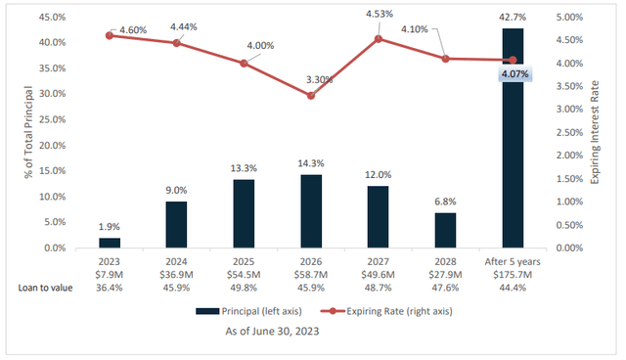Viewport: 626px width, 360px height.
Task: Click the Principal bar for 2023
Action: [110, 243]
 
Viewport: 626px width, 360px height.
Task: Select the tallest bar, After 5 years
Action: [513, 138]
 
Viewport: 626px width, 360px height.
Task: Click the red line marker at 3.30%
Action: [311, 96]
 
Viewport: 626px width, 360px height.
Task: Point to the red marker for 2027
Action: [378, 39]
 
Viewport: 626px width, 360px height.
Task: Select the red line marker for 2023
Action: [110, 35]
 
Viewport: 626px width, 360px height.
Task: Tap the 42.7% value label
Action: [513, 19]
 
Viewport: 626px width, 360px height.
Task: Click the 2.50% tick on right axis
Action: [573, 133]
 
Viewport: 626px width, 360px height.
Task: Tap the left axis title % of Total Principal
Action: [14, 132]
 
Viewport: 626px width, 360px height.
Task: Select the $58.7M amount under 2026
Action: [311, 275]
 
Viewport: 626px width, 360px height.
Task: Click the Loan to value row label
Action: [45, 288]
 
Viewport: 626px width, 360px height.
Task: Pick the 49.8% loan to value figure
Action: [244, 288]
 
